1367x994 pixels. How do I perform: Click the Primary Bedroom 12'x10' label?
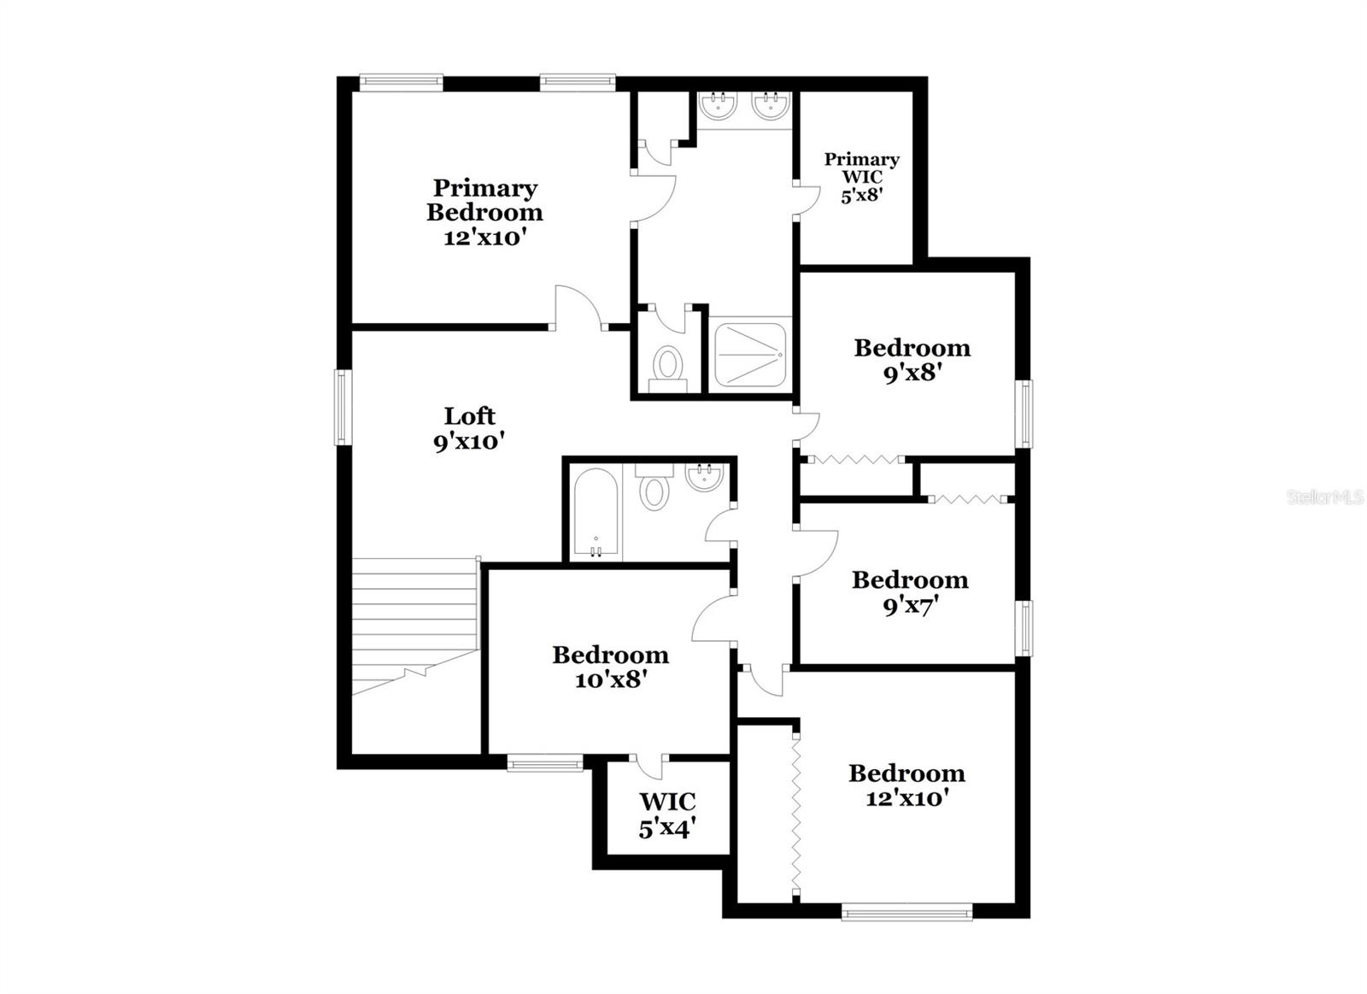(x=484, y=212)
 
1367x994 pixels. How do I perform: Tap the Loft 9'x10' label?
(x=469, y=428)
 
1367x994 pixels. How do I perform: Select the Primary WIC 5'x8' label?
(x=861, y=177)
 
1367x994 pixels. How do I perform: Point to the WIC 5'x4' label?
(x=667, y=815)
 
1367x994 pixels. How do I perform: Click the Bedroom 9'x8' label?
(x=912, y=360)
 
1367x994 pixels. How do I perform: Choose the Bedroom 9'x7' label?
(x=910, y=592)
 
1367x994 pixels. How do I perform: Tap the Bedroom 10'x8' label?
(x=610, y=667)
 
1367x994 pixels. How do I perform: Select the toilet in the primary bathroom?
(x=667, y=367)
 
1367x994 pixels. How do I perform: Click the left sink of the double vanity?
(x=719, y=108)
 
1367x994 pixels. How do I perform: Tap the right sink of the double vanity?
(x=771, y=108)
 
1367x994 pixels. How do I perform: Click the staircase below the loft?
(x=414, y=624)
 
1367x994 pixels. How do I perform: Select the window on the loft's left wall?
(x=342, y=407)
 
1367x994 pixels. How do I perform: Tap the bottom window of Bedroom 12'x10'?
(x=906, y=913)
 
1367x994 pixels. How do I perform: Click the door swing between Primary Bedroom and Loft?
(x=578, y=308)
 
